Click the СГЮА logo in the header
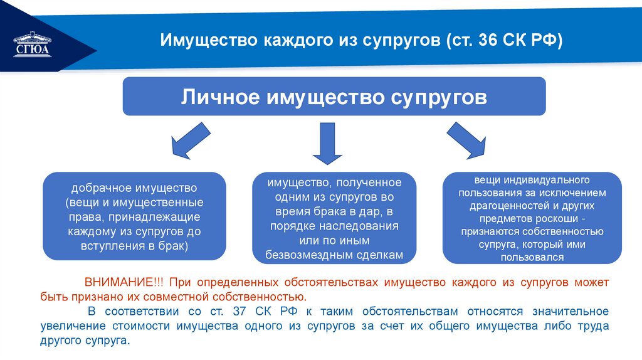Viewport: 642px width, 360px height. coord(33,45)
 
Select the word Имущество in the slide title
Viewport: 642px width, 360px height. coord(202,40)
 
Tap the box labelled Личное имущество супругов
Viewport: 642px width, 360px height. coord(334,97)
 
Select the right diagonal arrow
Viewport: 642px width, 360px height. coord(467,141)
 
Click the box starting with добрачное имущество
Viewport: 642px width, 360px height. coord(134,217)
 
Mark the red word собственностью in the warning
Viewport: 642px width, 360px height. coord(267,297)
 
